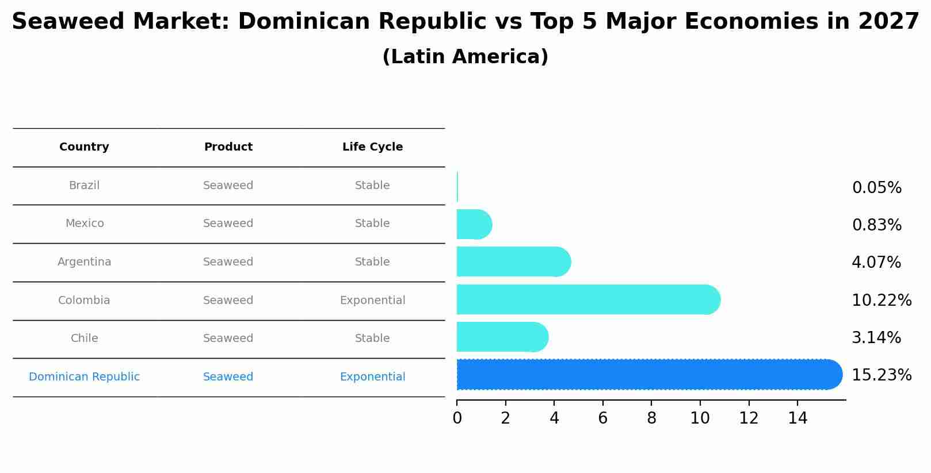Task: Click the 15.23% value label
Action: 881,375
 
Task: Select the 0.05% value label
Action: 876,188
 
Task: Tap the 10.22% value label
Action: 881,300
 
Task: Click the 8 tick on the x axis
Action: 651,418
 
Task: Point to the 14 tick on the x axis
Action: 798,418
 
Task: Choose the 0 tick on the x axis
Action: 457,418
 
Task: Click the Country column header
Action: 84,147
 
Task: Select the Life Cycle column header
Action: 372,147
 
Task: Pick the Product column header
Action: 228,147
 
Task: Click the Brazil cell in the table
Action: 84,186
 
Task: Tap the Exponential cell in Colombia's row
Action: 372,301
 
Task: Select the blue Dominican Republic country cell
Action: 84,377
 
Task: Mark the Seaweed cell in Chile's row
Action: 228,339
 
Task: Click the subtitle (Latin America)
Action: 465,57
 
